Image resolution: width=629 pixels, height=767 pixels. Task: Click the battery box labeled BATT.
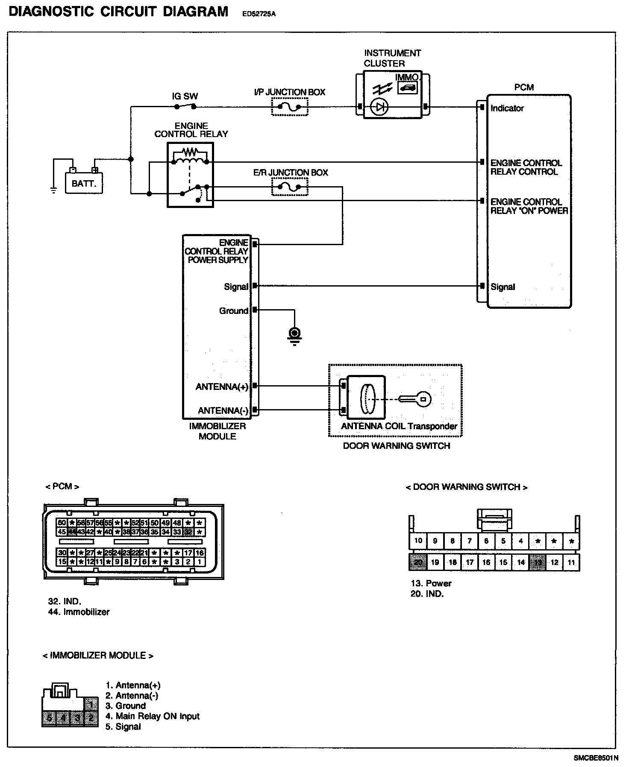click(84, 183)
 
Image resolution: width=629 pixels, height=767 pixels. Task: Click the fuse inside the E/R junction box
click(290, 187)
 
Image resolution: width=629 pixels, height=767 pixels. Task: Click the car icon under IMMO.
click(408, 88)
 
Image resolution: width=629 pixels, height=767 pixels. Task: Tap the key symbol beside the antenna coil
click(414, 399)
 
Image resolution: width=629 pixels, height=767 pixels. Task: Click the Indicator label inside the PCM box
click(507, 108)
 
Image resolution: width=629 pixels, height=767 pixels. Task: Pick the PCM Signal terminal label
click(503, 287)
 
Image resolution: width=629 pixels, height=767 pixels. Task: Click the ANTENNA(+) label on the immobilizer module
click(222, 387)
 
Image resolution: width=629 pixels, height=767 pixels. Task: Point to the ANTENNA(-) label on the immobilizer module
click(223, 411)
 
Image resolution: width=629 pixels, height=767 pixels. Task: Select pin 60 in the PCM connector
click(62, 523)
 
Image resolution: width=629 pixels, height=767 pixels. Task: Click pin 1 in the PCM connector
click(199, 562)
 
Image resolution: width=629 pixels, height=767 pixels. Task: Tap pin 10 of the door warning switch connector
click(418, 541)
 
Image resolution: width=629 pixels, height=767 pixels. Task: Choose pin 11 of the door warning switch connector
click(571, 562)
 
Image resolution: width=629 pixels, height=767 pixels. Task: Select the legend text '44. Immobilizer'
click(79, 612)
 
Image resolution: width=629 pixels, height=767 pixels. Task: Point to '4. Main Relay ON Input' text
click(153, 716)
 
